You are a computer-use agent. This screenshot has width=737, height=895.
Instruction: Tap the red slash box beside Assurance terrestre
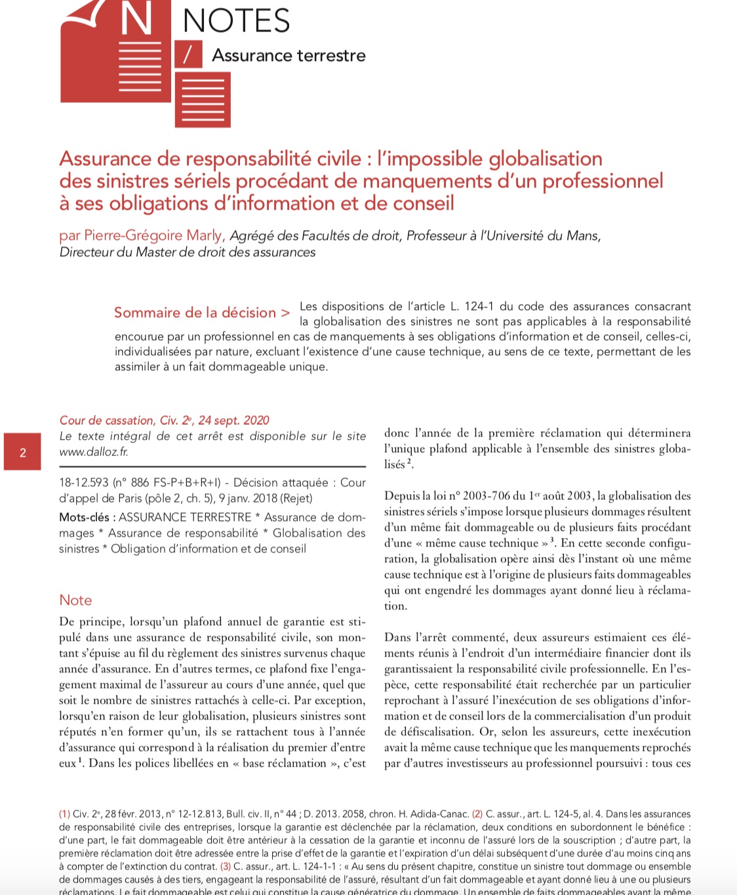click(188, 54)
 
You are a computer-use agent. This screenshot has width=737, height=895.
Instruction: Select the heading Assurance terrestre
click(289, 55)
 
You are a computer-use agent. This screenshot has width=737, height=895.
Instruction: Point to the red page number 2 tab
click(23, 452)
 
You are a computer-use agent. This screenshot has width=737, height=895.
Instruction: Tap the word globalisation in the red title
click(546, 159)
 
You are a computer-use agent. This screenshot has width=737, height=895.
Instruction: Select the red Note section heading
click(75, 600)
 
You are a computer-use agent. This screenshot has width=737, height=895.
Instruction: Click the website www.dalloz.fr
click(93, 452)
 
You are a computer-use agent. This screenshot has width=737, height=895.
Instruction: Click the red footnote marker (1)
click(64, 814)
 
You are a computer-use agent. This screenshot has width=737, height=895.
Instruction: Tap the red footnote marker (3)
click(225, 866)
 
